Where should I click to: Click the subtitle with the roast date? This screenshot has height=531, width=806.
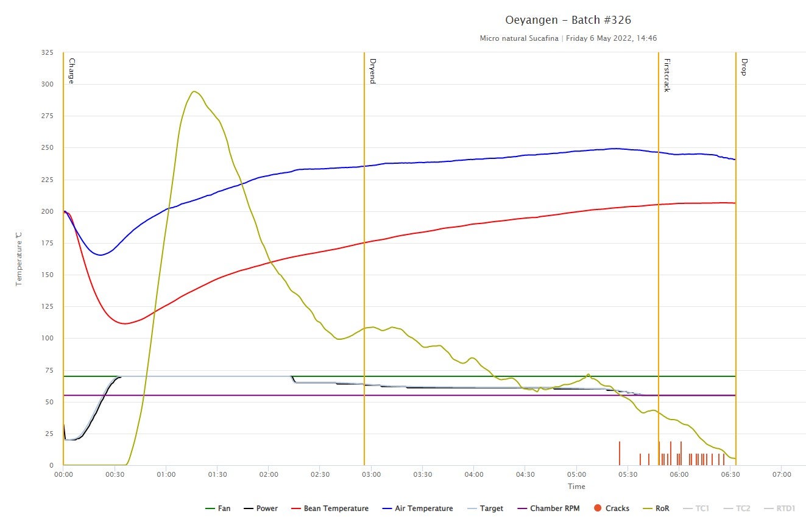click(x=568, y=38)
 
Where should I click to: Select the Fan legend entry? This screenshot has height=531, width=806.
click(x=218, y=508)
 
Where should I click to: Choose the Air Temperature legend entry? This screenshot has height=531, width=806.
click(x=417, y=508)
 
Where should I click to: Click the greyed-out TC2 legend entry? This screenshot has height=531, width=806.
click(x=737, y=508)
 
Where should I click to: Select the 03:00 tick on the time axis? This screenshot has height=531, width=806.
click(x=371, y=474)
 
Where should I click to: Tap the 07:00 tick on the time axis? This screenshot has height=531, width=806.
click(x=782, y=474)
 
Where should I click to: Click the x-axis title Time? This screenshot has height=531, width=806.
click(x=576, y=487)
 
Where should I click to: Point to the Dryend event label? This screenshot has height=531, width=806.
click(x=372, y=71)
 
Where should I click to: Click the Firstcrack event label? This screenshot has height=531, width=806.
click(x=666, y=75)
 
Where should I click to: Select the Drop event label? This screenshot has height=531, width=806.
click(x=743, y=66)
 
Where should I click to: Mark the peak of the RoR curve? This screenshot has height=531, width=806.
click(x=194, y=91)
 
